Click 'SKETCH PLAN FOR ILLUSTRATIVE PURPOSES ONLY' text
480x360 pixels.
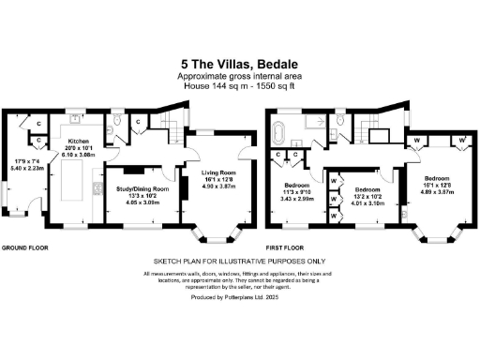click(x=239, y=262)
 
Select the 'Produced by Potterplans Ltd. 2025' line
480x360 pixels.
click(x=239, y=295)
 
